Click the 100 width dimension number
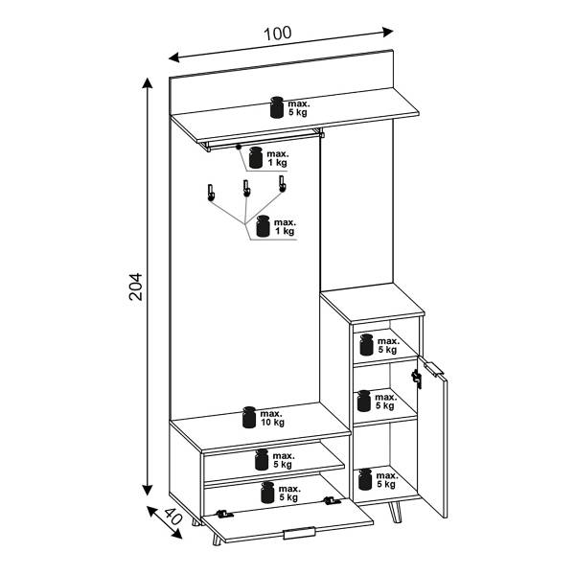[278, 34]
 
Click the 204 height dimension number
[136, 287]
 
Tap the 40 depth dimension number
[172, 517]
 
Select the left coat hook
[211, 193]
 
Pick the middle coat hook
[246, 188]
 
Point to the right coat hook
[282, 184]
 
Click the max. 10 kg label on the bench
[272, 418]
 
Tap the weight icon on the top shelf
[277, 107]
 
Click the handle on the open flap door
[299, 533]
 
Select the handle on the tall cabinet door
[434, 369]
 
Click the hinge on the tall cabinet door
[416, 379]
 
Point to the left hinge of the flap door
[224, 514]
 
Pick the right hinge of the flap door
[332, 500]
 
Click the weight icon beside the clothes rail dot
[256, 158]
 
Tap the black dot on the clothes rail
[239, 147]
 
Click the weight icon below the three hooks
[263, 226]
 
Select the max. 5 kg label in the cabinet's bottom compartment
[387, 480]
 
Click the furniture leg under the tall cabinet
[396, 512]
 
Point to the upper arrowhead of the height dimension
[148, 82]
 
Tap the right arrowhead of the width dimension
[388, 32]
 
